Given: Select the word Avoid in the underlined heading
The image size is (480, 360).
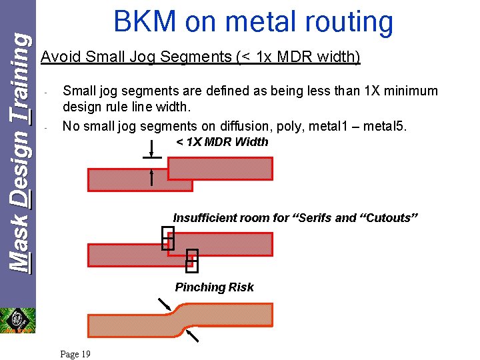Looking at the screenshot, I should [59, 57].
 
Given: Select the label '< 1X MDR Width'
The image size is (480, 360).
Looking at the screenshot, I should [222, 142].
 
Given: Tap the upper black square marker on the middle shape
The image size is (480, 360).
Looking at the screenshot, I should [168, 238].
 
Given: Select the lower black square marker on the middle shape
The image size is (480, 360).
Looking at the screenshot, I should [192, 261].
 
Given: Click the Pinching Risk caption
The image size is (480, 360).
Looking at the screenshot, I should [214, 287].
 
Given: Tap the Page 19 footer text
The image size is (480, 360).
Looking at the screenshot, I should [75, 354].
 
